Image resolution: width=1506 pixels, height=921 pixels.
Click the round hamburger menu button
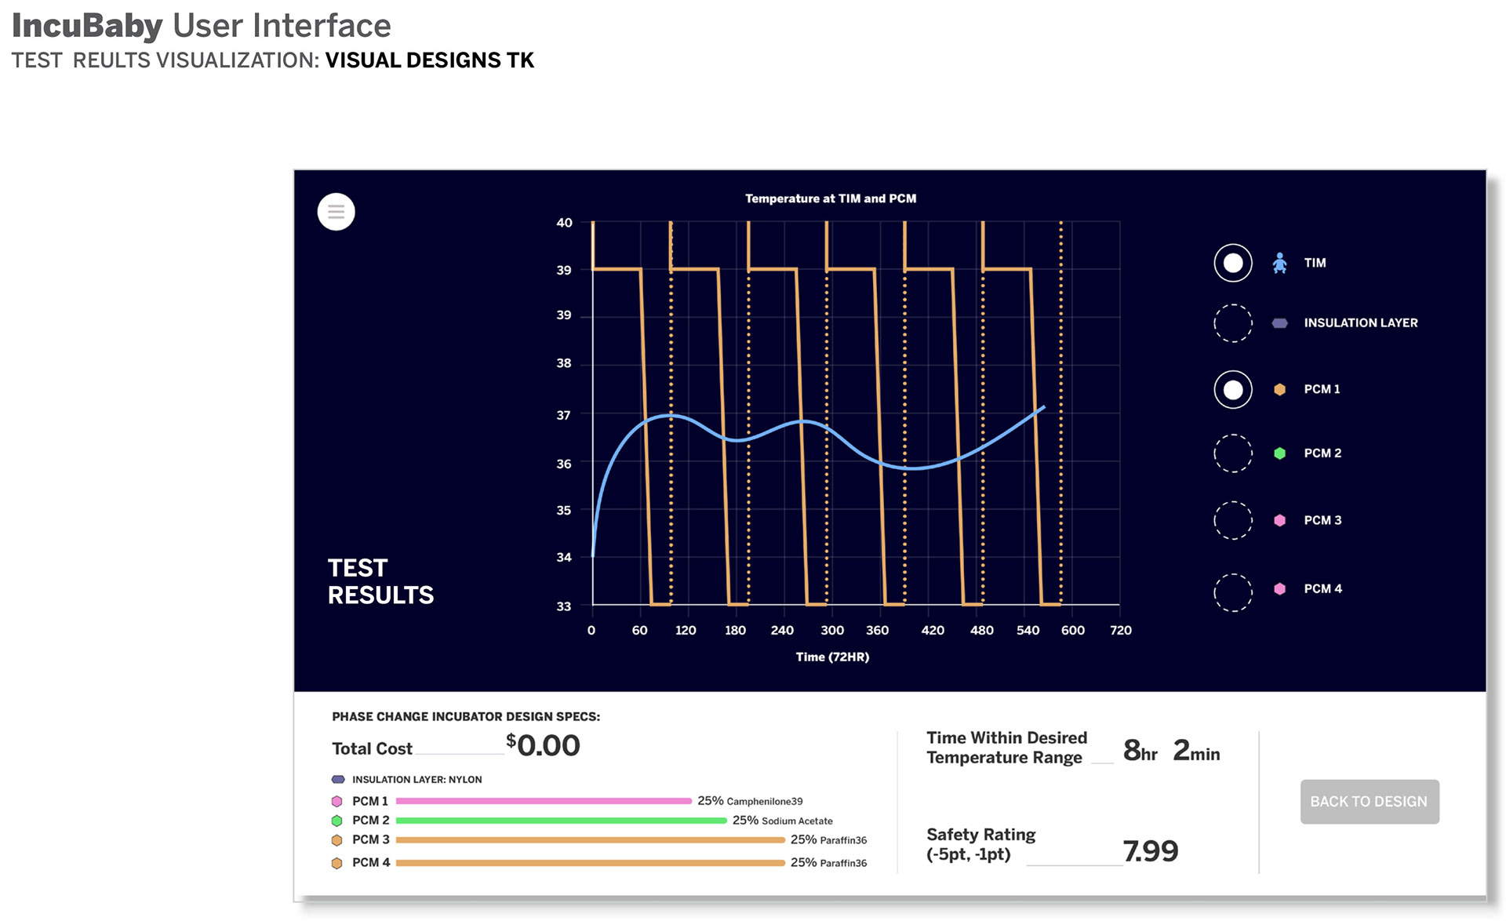point(336,212)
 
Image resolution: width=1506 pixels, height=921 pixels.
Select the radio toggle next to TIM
point(1233,263)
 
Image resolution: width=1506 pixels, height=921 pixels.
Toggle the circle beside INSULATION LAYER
point(1233,323)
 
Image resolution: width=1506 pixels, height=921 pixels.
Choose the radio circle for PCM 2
point(1233,453)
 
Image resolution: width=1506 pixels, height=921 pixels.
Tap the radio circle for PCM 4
point(1233,592)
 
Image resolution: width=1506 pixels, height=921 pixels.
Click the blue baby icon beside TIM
point(1279,263)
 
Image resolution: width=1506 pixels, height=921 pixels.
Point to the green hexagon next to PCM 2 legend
point(1279,453)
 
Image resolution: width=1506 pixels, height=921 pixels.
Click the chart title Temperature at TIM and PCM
point(831,198)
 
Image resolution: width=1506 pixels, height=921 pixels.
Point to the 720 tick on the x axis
point(1121,630)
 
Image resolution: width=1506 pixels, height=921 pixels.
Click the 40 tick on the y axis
point(564,223)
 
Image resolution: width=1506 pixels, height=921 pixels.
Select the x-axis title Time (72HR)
point(832,657)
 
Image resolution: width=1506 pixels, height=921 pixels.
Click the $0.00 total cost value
point(543,745)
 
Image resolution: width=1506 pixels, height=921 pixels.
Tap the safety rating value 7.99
point(1151,851)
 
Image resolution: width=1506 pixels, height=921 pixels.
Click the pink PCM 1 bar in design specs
point(544,801)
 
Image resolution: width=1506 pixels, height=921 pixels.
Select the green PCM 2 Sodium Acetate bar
point(561,821)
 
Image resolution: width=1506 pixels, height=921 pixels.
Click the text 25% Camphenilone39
point(750,801)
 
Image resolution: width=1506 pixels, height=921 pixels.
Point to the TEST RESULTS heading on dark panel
point(380,581)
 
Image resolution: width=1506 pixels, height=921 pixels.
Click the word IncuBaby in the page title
point(87,26)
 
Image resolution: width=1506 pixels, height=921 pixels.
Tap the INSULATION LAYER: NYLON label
point(417,780)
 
